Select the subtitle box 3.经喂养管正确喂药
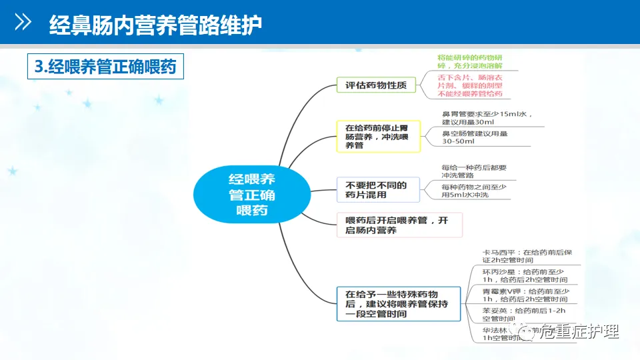(105, 67)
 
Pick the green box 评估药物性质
(377, 85)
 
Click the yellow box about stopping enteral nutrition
(378, 135)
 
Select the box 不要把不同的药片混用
(377, 189)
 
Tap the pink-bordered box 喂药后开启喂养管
(399, 225)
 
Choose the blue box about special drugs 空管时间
(398, 303)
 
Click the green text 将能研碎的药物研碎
(470, 62)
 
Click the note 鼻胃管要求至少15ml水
(487, 118)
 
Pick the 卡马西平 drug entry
(527, 256)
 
